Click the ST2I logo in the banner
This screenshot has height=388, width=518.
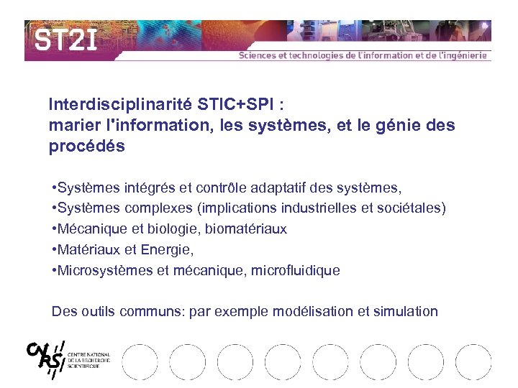click(x=65, y=41)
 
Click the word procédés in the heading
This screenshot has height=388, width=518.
click(x=86, y=147)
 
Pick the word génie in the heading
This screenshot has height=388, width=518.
click(x=390, y=125)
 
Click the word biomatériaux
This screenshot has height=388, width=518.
click(x=246, y=229)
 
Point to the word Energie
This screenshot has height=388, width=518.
click(x=168, y=250)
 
